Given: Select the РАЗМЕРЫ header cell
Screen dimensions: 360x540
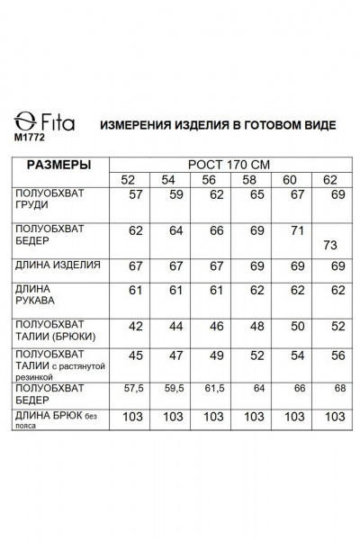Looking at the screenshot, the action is (x=59, y=166).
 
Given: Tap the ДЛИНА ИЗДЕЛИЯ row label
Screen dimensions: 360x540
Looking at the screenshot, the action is (x=58, y=265).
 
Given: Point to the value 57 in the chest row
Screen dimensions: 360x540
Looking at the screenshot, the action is (x=136, y=194).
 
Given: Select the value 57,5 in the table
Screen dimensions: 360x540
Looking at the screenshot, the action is (x=135, y=390).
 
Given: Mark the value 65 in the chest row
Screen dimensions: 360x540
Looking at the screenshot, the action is (x=256, y=194).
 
